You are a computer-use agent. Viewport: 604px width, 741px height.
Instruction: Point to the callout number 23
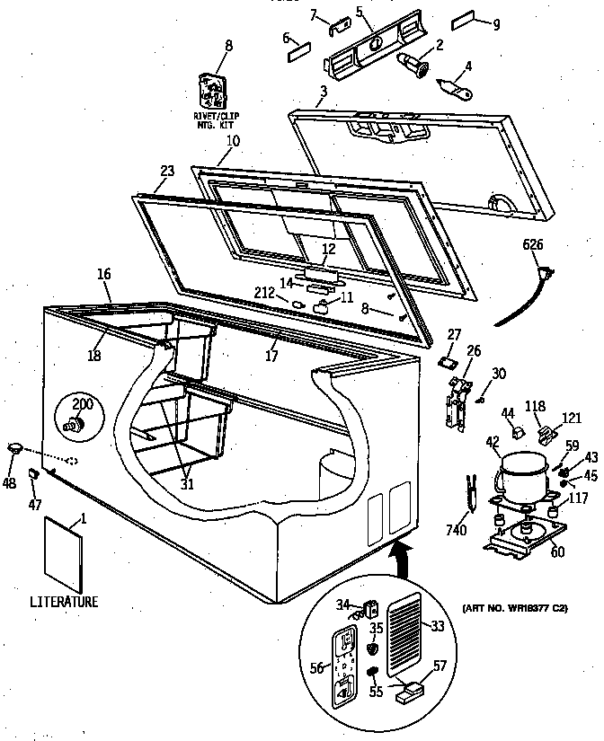coord(166,171)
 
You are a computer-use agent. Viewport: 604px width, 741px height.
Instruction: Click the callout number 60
coord(557,551)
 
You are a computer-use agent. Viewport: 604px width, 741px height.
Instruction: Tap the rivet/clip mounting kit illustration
coord(213,92)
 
